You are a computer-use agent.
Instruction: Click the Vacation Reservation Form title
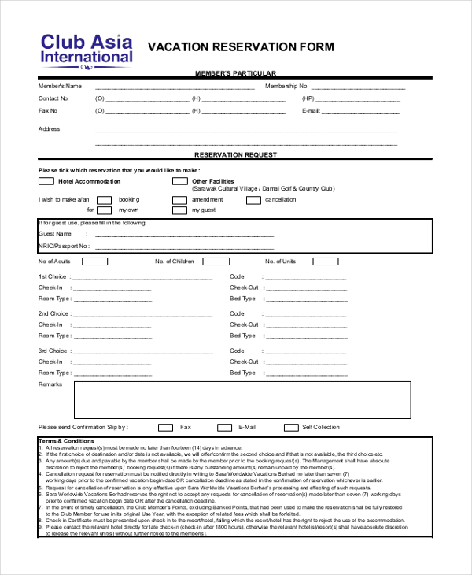tap(241, 47)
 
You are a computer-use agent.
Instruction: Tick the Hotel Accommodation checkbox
tap(46, 181)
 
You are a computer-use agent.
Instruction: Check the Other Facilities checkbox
tap(179, 181)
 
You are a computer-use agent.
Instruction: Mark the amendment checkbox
tap(179, 200)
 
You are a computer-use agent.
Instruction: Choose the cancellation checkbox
tap(253, 200)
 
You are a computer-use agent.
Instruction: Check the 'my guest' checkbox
tap(179, 210)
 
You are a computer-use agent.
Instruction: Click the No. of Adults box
tap(86, 262)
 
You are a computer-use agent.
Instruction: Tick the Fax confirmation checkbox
tap(165, 428)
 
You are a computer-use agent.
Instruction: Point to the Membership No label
tap(286, 86)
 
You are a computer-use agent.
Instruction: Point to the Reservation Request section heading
tap(235, 155)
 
